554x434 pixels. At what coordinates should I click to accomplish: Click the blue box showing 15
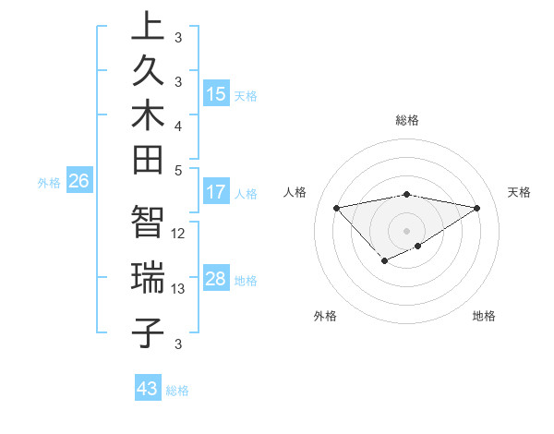[216, 94]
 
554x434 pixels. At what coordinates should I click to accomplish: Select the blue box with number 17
[216, 192]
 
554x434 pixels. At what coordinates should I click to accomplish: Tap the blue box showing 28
[216, 279]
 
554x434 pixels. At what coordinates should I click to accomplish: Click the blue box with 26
[78, 181]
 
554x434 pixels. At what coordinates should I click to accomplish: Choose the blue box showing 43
[148, 389]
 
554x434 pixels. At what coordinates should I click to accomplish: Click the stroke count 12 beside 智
[178, 234]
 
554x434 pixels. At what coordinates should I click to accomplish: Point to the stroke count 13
[178, 289]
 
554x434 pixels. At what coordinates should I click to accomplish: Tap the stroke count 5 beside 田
[178, 170]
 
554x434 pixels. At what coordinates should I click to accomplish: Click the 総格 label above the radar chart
[406, 120]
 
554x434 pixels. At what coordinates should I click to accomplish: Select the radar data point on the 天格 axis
[476, 207]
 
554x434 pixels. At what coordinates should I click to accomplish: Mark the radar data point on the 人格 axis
[336, 207]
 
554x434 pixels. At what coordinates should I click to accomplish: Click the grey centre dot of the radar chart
[406, 229]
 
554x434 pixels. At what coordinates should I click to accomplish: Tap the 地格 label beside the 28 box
[246, 280]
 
